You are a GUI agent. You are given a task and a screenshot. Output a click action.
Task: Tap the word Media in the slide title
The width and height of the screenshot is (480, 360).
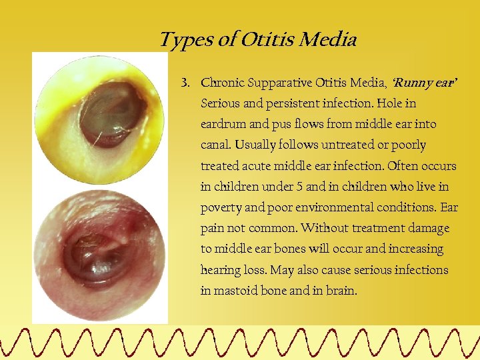coord(328,40)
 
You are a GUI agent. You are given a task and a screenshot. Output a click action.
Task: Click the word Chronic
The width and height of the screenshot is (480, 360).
coord(223,83)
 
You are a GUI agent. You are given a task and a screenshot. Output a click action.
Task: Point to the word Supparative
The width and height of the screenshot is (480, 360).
coord(281,83)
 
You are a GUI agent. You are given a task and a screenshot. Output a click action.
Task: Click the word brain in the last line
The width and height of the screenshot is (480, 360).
coord(341,291)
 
